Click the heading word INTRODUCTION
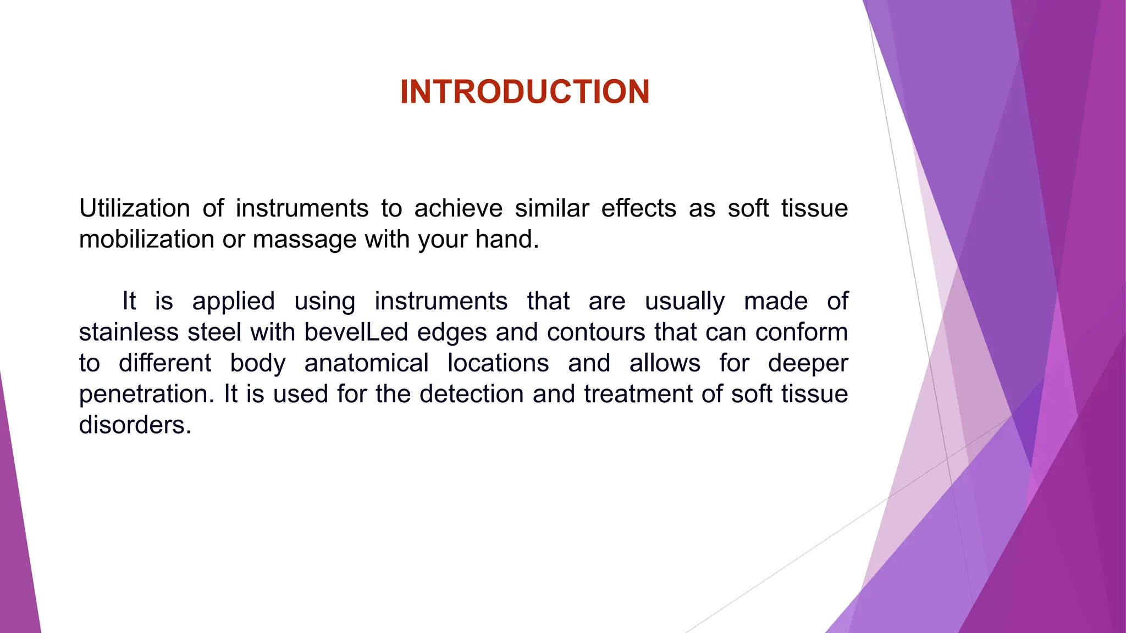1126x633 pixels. click(x=525, y=92)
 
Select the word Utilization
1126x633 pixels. click(x=134, y=209)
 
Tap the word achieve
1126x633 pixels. click(x=458, y=209)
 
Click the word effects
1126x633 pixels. click(x=638, y=209)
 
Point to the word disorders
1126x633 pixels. click(x=135, y=425)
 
